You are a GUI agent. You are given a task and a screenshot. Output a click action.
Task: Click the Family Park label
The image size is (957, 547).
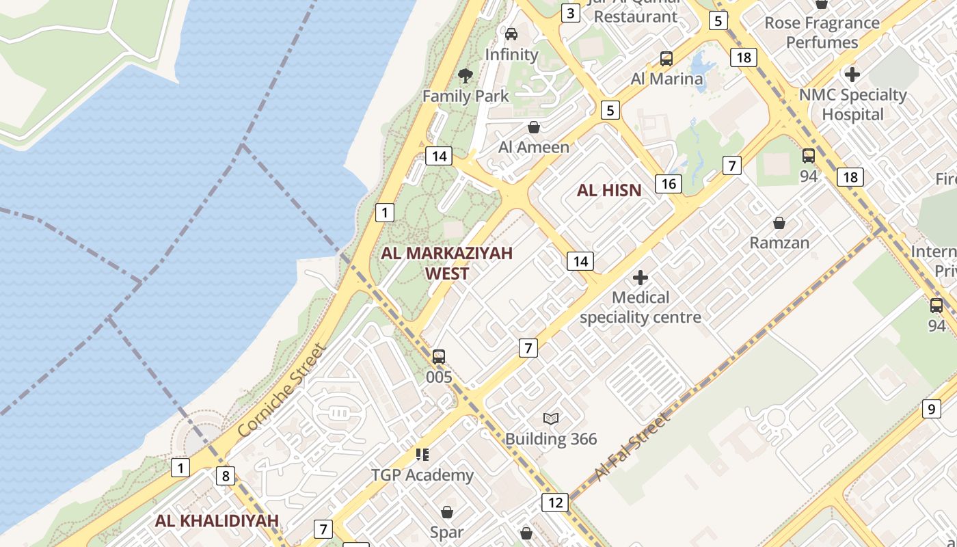click(x=466, y=96)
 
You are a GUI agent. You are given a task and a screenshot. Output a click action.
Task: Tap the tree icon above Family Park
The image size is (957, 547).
click(x=466, y=75)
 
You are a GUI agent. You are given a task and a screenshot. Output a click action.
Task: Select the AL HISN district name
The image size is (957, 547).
click(x=609, y=190)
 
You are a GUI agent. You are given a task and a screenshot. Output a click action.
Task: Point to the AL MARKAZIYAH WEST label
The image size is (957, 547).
click(x=447, y=263)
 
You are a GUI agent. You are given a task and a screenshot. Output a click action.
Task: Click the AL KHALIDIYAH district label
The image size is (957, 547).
click(x=217, y=520)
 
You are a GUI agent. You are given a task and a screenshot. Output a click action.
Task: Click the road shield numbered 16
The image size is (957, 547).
click(x=669, y=183)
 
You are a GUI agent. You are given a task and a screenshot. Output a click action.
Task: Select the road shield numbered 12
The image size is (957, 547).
click(x=555, y=503)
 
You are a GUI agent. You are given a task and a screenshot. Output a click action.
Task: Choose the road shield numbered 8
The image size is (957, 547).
click(x=226, y=475)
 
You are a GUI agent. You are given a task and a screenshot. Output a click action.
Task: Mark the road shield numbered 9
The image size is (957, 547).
click(x=931, y=409)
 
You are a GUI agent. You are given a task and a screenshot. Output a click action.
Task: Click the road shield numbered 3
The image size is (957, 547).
click(x=570, y=13)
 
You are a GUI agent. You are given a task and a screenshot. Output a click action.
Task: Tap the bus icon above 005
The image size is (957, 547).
click(x=439, y=356)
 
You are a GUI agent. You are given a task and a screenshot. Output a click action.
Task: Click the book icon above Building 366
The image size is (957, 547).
click(x=551, y=418)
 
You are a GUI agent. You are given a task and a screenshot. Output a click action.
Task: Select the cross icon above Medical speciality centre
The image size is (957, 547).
click(x=641, y=278)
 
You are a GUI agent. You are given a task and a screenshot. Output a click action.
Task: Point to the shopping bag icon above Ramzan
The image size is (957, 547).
click(x=779, y=223)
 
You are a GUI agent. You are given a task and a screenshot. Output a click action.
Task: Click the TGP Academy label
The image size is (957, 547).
click(x=422, y=475)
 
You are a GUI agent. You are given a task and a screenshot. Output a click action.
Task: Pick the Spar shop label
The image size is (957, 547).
click(x=447, y=532)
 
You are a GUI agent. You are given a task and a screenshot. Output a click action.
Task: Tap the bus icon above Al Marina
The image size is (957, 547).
click(x=666, y=59)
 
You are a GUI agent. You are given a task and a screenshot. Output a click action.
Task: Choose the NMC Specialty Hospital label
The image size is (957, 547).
click(x=853, y=104)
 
